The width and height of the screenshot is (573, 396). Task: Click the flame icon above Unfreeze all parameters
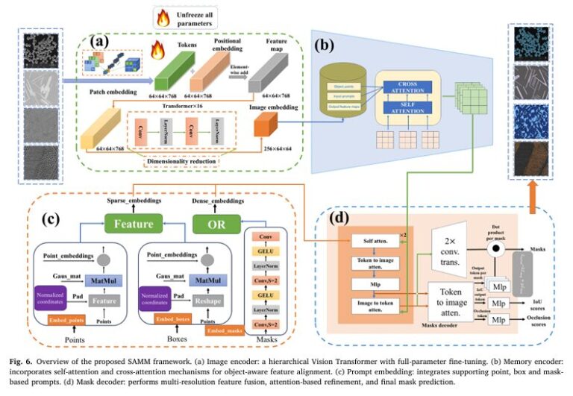(162, 16)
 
